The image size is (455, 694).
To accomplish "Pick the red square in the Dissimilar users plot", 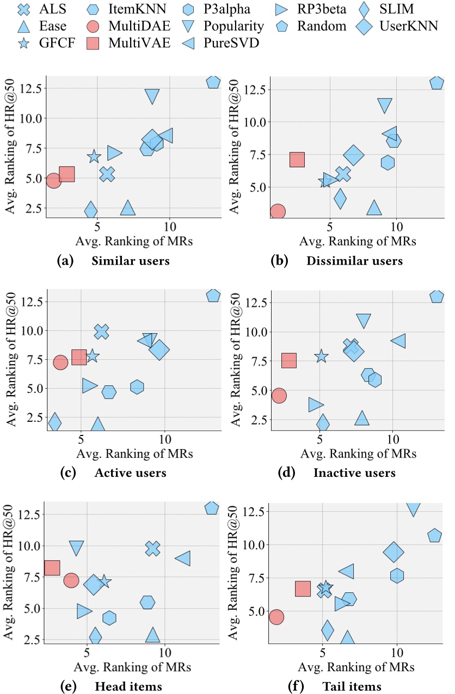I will (297, 159).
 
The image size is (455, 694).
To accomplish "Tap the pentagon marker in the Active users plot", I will (213, 296).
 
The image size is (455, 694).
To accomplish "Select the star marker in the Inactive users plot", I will (322, 356).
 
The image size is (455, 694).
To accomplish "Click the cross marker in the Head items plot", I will (153, 549).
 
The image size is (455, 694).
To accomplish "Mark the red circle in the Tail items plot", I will (276, 617).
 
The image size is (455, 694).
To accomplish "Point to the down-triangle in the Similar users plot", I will (152, 96).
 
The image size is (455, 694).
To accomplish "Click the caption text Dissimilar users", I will (354, 261).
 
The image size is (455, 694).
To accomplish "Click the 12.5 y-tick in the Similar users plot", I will (32, 88).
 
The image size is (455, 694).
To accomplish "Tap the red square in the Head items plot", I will (52, 568).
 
